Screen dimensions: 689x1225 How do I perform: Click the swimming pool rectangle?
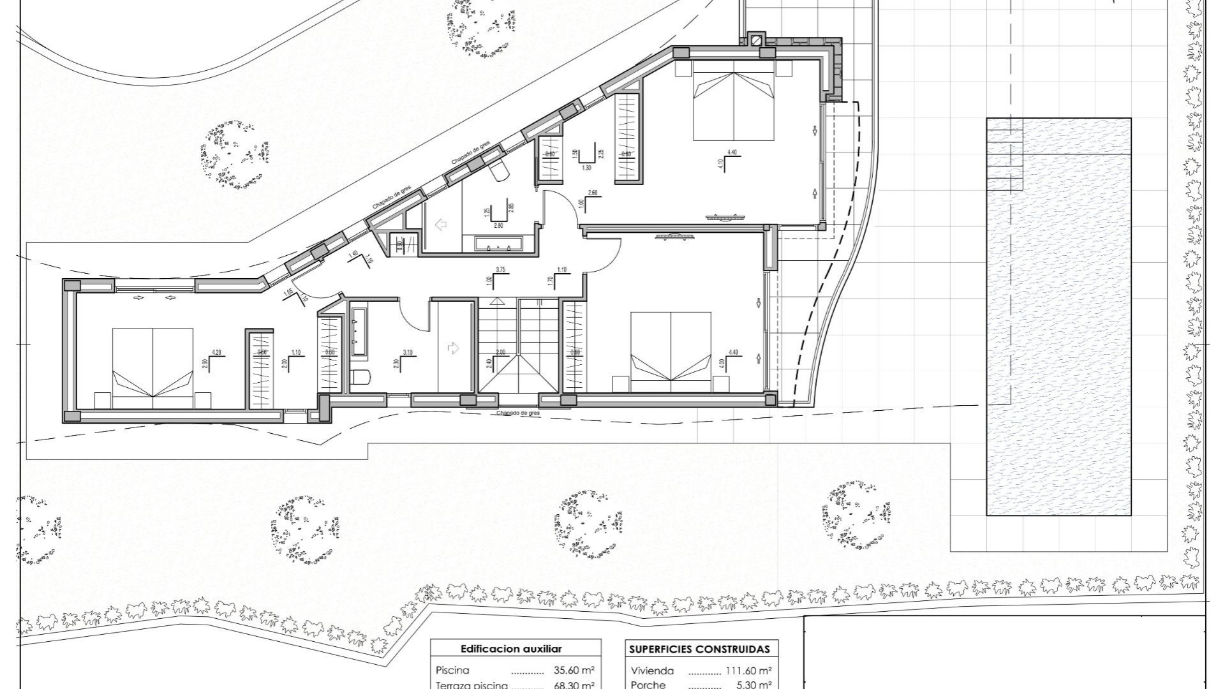[x=1058, y=316]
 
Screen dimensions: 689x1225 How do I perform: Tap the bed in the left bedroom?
[x=152, y=368]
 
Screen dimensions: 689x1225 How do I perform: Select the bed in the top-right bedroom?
[x=734, y=105]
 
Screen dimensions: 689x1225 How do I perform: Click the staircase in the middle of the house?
[x=518, y=345]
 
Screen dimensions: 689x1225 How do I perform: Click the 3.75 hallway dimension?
[x=501, y=270]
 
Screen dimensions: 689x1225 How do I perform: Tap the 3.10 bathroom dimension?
[x=408, y=352]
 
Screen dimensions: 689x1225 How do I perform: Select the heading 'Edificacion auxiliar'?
[x=511, y=649]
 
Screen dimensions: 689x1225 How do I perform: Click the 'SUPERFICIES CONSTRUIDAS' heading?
[x=699, y=649]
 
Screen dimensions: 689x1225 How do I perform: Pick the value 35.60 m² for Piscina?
[x=574, y=670]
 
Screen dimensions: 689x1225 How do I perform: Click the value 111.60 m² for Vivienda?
[x=749, y=670]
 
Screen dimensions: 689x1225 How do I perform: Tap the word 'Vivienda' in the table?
[x=652, y=670]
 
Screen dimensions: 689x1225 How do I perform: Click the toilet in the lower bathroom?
[x=360, y=378]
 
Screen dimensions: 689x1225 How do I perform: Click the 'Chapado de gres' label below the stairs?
[x=518, y=413]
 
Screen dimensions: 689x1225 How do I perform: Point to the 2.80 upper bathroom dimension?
[x=498, y=225]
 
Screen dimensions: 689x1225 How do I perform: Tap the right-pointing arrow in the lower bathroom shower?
[x=453, y=348]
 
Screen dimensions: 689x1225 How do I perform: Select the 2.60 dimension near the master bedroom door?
[x=592, y=193]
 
